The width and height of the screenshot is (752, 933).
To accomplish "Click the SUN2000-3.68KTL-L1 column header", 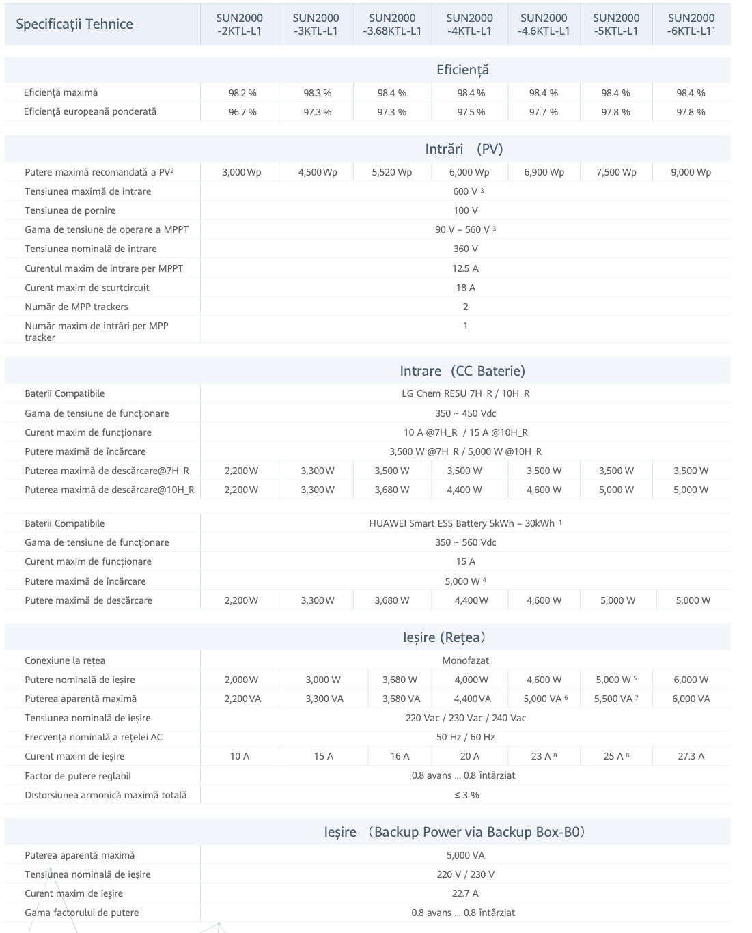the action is pyautogui.click(x=392, y=25).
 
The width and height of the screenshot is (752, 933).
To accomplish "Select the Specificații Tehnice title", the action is pyautogui.click(x=74, y=25).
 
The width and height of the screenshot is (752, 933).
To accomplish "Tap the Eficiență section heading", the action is pyautogui.click(x=462, y=70).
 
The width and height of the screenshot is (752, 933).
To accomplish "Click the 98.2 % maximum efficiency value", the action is pyautogui.click(x=242, y=93).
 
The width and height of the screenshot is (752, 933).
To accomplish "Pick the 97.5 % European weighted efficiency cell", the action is pyautogui.click(x=471, y=112).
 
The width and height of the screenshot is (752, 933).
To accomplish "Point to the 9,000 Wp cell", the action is pyautogui.click(x=691, y=172).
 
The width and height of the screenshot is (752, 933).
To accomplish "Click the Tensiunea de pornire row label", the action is pyautogui.click(x=70, y=210).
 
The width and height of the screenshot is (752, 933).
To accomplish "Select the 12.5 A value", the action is pyautogui.click(x=465, y=268).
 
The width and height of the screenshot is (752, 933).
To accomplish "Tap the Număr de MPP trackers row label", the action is pyautogui.click(x=76, y=307).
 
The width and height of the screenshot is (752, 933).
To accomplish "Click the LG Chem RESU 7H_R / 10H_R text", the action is pyautogui.click(x=465, y=393).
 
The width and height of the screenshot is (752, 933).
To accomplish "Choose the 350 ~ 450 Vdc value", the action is pyautogui.click(x=465, y=413).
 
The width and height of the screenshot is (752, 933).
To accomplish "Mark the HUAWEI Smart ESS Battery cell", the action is pyautogui.click(x=465, y=523).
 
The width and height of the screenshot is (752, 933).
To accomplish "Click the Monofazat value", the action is pyautogui.click(x=465, y=660).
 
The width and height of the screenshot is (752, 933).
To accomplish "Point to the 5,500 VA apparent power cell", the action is pyautogui.click(x=616, y=699).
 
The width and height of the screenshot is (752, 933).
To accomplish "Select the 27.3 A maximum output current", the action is pyautogui.click(x=691, y=756).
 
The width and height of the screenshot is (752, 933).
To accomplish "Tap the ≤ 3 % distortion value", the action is pyautogui.click(x=466, y=795).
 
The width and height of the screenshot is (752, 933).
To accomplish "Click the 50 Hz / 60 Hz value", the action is pyautogui.click(x=465, y=737).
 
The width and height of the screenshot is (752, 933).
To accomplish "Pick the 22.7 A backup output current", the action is pyautogui.click(x=465, y=893).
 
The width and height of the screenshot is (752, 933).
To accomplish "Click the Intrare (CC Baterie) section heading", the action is pyautogui.click(x=462, y=371).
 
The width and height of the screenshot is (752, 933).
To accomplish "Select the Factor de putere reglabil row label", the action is pyautogui.click(x=78, y=776).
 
